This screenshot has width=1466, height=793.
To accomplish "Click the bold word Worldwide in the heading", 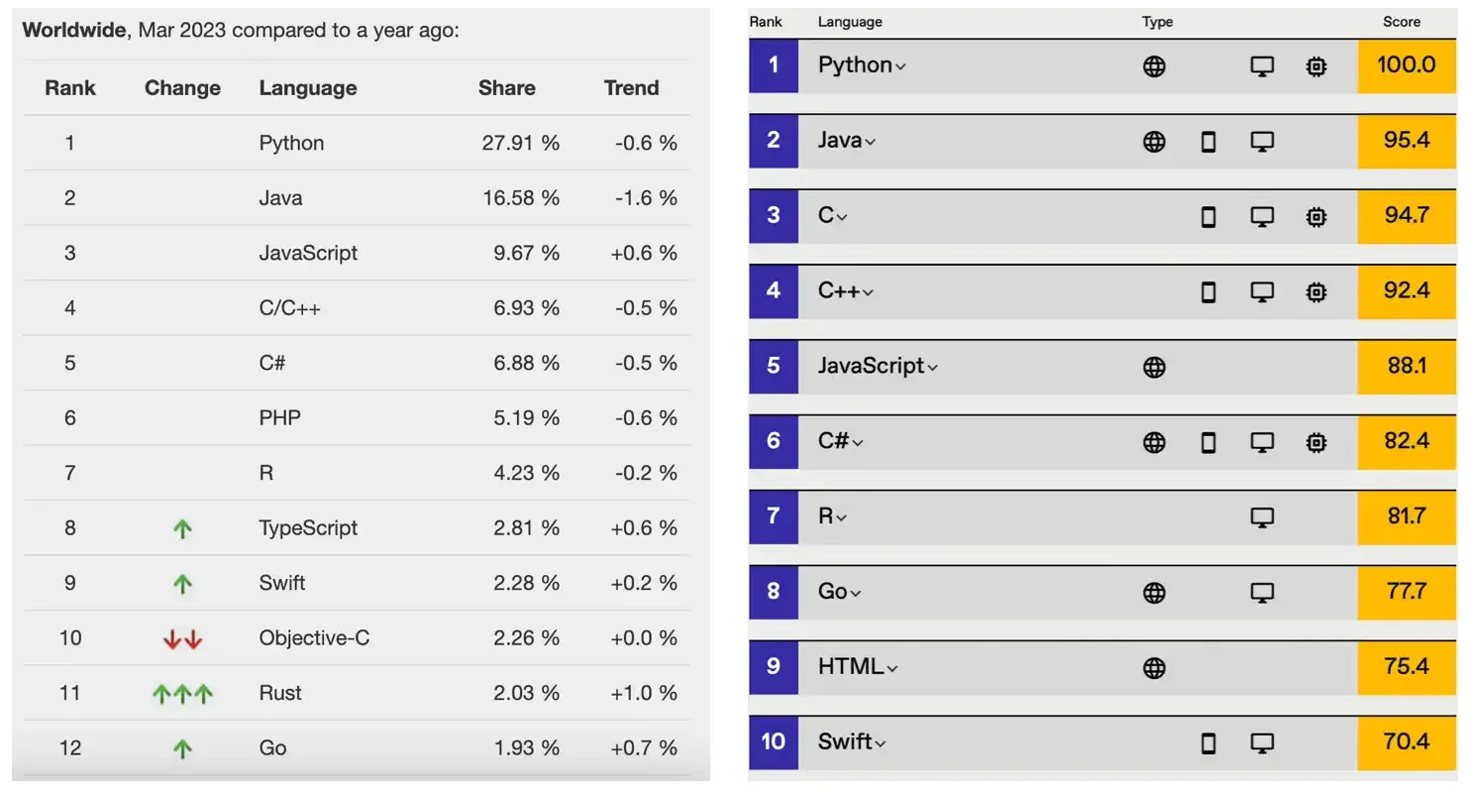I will (73, 30).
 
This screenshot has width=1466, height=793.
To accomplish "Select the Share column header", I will (506, 88).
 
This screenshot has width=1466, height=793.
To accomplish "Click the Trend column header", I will (631, 88).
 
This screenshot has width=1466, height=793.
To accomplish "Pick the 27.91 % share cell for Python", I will (521, 143).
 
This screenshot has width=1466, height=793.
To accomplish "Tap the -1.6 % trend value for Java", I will (646, 198).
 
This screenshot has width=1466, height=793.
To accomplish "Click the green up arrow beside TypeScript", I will (182, 528).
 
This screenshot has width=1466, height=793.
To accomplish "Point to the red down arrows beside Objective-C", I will (182, 638).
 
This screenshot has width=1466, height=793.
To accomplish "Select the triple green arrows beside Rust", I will (182, 694).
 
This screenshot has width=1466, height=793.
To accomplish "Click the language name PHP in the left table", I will (279, 418).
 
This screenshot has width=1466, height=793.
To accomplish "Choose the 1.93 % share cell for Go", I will (526, 748).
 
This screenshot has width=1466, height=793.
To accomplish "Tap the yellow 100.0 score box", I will (1406, 65).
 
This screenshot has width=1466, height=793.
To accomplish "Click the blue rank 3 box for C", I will (773, 215).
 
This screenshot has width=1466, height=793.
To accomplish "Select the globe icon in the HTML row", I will (1154, 668).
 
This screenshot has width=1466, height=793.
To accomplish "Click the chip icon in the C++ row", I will (1315, 291).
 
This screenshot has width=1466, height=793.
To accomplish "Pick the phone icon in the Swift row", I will (1207, 742).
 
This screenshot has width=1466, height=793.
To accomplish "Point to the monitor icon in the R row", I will (1261, 517).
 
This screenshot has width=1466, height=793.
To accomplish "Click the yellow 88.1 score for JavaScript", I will (1406, 366).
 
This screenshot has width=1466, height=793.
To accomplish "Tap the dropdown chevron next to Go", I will (856, 594).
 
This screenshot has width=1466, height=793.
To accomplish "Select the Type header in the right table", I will (1157, 22).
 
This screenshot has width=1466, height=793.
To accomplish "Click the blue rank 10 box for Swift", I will (773, 740).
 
